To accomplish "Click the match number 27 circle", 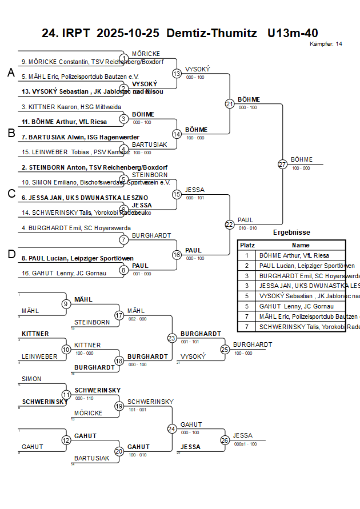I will click(282, 165).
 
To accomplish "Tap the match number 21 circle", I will click(229, 104).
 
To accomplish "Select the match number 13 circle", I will click(177, 74).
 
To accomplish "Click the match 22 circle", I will click(229, 225).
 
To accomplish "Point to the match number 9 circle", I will click(66, 304).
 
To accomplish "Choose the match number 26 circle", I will click(225, 440).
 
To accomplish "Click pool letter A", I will click(11, 73).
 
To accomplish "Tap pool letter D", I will click(11, 254).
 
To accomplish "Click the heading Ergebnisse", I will click(291, 233).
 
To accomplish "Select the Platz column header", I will click(247, 245).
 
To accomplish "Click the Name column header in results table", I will click(301, 245).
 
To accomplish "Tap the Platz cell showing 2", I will click(247, 266).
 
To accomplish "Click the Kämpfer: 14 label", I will click(326, 44).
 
